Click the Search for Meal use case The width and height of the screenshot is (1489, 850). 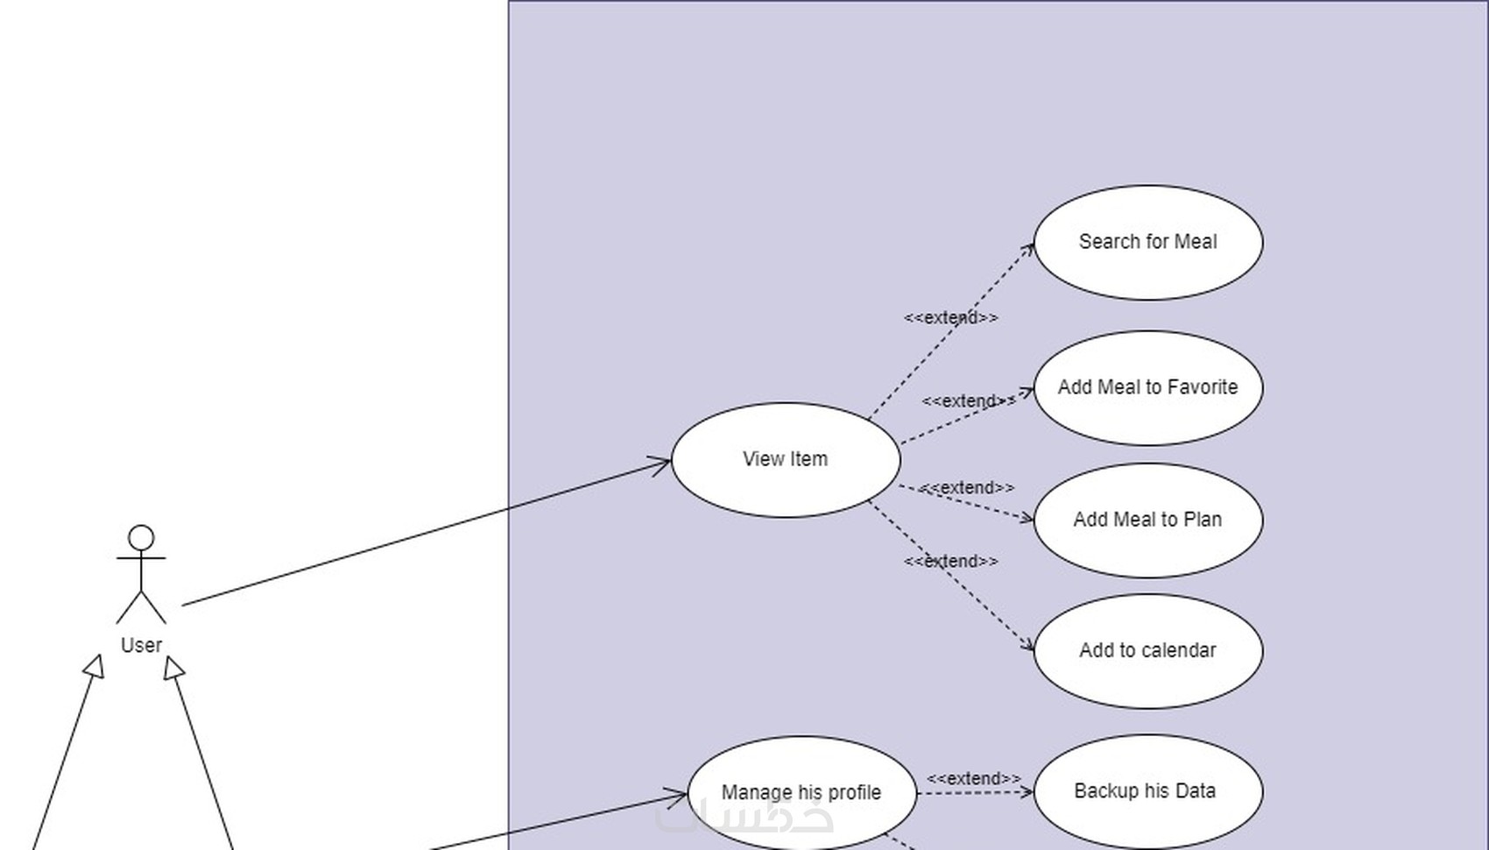click(1148, 243)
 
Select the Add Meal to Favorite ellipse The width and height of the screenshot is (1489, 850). click(1148, 387)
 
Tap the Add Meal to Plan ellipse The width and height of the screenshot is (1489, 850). click(1148, 521)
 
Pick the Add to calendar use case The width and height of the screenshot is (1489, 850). click(1148, 651)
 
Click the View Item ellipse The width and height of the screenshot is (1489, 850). click(786, 459)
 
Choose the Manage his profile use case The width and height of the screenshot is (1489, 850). click(801, 793)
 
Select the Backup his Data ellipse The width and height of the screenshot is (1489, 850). click(1148, 791)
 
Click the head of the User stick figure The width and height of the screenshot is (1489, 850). click(141, 537)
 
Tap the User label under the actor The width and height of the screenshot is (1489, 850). click(141, 645)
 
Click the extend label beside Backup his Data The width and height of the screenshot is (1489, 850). click(974, 778)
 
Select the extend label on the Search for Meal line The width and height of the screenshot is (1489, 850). click(950, 318)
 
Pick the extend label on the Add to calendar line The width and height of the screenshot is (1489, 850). click(950, 562)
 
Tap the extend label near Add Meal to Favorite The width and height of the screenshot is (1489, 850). click(970, 401)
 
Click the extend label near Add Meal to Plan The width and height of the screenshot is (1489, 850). click(967, 487)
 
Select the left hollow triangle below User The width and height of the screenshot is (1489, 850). click(95, 667)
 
